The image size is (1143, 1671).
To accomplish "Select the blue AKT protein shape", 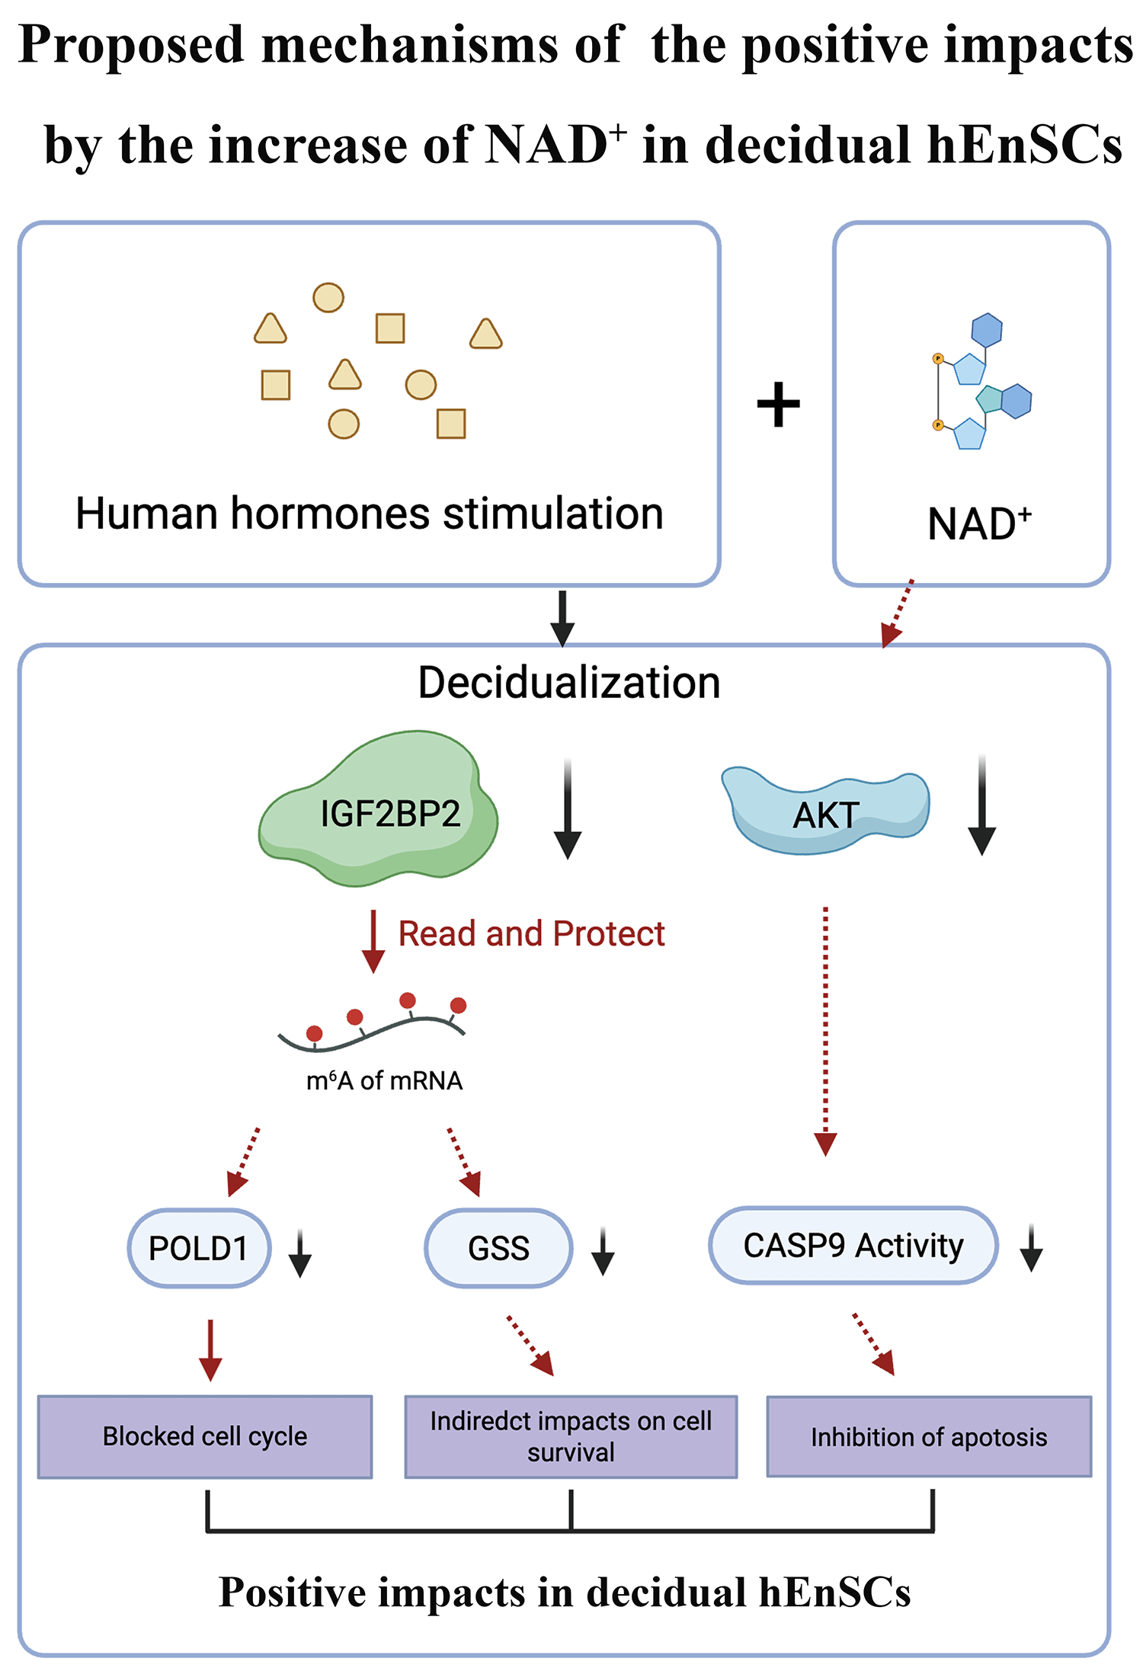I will pos(825,811).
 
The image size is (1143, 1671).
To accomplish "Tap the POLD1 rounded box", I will pos(199,1247).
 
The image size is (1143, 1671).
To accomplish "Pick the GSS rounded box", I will pos(498,1247).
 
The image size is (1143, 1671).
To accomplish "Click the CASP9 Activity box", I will pos(853,1245).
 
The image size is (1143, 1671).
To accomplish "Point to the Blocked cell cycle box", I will pos(205,1436).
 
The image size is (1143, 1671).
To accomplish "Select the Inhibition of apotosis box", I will pos(929,1436).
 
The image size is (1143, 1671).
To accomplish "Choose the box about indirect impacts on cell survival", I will pos(571,1436).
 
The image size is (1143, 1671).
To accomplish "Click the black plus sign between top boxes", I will pos(778,404).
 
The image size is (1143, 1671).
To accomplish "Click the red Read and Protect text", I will pos(531,933).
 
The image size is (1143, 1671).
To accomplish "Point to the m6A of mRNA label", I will pos(384,1080).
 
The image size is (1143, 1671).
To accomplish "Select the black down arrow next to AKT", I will pos(982,806).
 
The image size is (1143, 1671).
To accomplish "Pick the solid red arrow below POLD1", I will pos(210,1349).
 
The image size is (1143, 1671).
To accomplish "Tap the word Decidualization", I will pos(569,682).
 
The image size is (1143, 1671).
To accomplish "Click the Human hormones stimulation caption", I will pos(370,513).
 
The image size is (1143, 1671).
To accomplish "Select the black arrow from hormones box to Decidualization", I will pos(562,618).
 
